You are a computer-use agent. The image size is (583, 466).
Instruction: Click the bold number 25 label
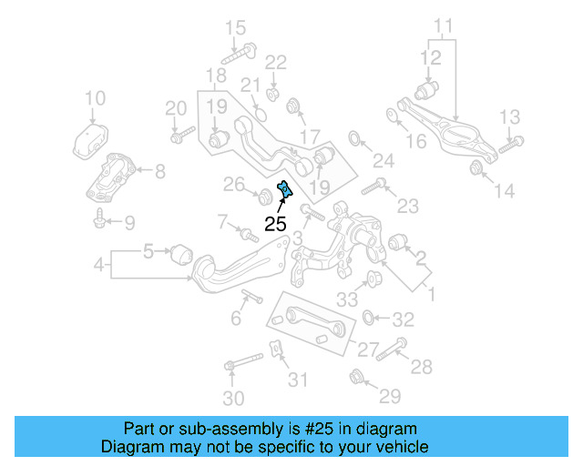[275, 222]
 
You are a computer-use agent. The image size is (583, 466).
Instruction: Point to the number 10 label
[95, 97]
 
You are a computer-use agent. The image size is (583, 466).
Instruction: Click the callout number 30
[234, 398]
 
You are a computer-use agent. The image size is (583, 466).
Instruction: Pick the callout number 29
[390, 396]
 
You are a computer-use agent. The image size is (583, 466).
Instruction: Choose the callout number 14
[504, 191]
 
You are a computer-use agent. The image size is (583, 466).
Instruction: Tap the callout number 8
[159, 170]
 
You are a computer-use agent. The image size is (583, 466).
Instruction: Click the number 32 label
[403, 319]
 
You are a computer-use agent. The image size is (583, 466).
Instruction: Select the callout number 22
[275, 62]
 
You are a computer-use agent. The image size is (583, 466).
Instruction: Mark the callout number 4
[98, 266]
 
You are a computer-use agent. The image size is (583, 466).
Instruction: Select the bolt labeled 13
[511, 142]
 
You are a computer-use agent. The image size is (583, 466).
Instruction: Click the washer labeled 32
[369, 318]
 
